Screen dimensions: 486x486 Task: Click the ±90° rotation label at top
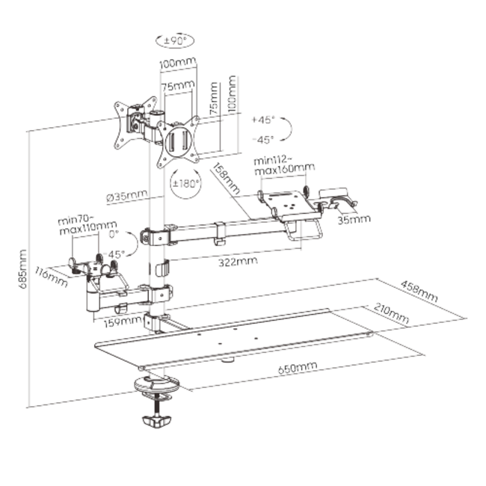point(175,40)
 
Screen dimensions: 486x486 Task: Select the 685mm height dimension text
point(22,269)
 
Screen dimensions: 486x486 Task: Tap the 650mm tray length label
point(298,368)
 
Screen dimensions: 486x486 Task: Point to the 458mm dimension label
point(419,292)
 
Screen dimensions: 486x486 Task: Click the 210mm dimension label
point(391,313)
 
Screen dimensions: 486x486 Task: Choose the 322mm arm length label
point(238,262)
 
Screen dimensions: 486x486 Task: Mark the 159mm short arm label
point(122,322)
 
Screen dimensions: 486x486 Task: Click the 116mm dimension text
point(51,277)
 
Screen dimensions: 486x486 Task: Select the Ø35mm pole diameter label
point(127,196)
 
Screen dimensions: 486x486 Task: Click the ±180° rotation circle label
point(185,183)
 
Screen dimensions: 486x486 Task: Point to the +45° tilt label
point(263,120)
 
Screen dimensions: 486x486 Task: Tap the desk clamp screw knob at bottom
point(157,422)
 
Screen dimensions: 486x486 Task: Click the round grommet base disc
point(157,384)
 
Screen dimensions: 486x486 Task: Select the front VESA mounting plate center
point(178,142)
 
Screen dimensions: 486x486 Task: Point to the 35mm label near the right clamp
point(354,219)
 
